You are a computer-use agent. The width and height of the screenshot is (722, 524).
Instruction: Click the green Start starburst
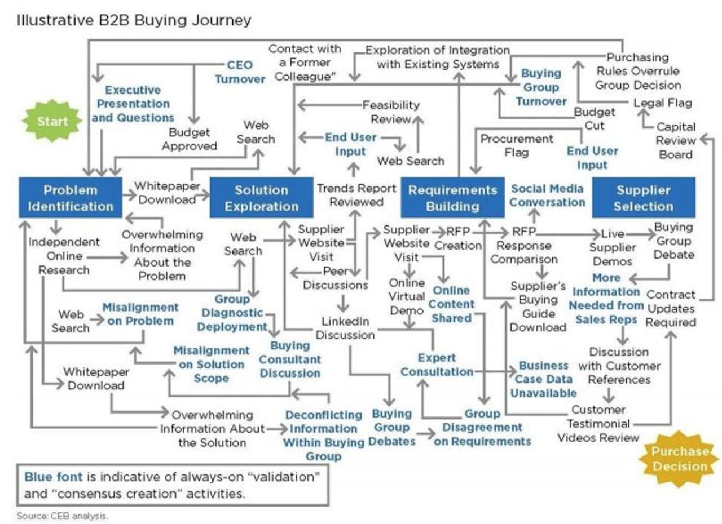(x=52, y=121)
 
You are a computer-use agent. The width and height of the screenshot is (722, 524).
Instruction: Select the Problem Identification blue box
(x=71, y=198)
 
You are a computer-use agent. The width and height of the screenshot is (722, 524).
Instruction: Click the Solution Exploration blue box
(x=261, y=198)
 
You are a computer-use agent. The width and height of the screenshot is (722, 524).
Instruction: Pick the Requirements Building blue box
(x=452, y=198)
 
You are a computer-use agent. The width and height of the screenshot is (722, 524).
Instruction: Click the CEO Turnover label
(x=240, y=72)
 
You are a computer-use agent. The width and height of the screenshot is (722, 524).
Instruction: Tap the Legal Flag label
(x=662, y=103)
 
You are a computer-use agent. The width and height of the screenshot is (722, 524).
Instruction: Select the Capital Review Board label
(x=676, y=140)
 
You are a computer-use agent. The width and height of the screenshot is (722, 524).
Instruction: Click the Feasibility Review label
(x=391, y=112)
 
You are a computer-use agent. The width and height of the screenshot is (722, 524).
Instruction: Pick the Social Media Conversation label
(x=548, y=195)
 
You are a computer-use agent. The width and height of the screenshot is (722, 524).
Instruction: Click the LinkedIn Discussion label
(x=345, y=328)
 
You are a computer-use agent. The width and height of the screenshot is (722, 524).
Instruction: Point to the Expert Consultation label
(x=437, y=365)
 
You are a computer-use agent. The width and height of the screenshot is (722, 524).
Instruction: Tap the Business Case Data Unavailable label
(x=544, y=379)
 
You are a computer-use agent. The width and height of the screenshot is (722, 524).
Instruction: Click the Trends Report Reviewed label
(x=356, y=194)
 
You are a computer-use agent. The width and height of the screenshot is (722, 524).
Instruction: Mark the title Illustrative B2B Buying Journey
(x=134, y=21)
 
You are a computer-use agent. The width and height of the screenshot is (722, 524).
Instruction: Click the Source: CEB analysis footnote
(x=62, y=515)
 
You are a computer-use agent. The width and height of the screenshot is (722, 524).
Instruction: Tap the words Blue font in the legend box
(x=53, y=477)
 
